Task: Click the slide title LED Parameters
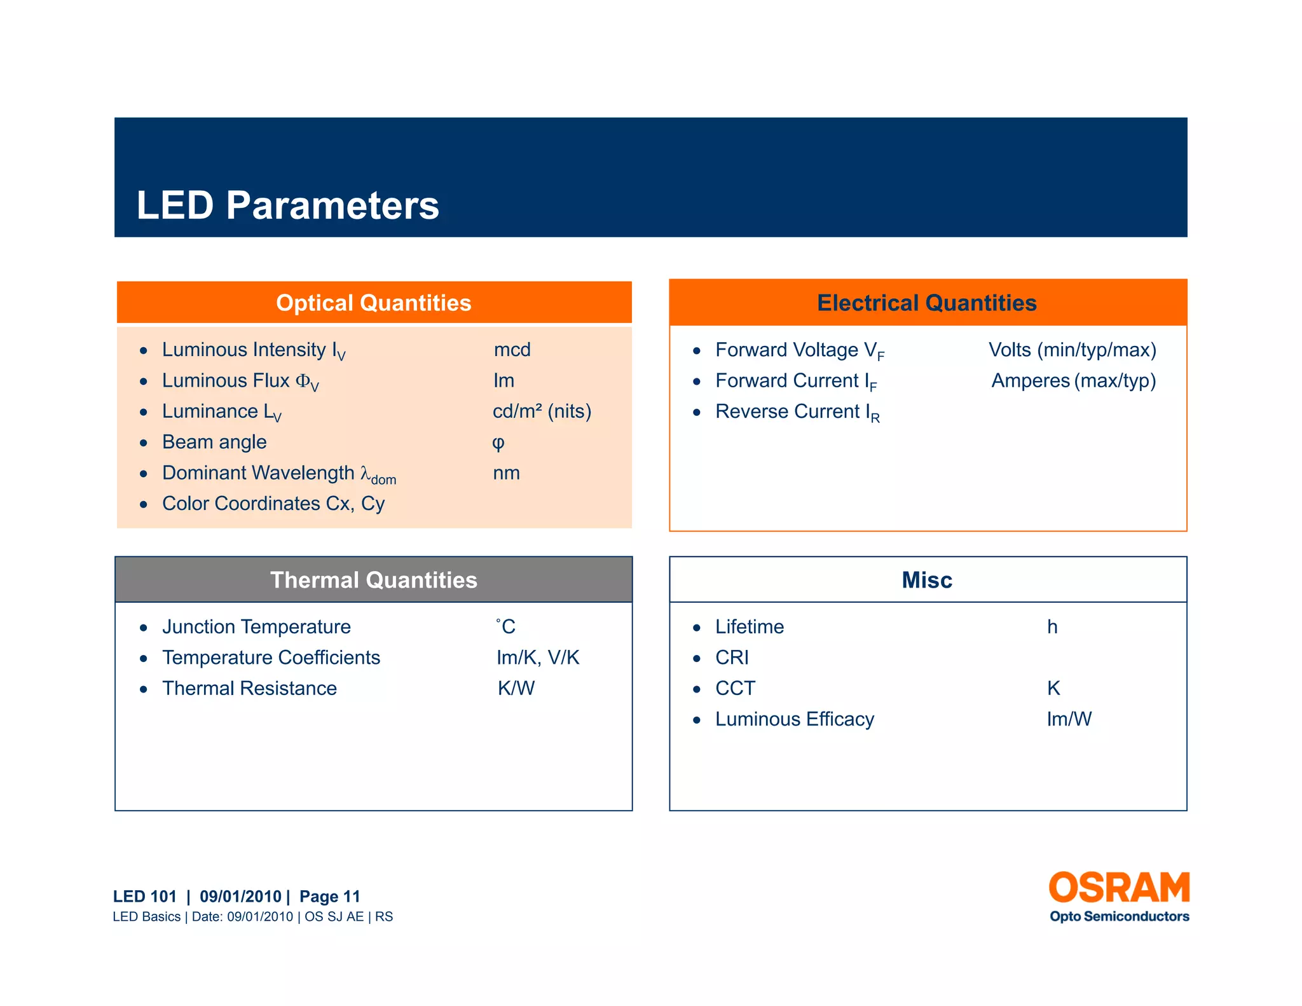(287, 205)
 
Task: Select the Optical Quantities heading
(374, 303)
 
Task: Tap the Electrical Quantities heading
(927, 303)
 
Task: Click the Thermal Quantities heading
(374, 580)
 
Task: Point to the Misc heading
(927, 580)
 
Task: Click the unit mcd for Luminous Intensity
(512, 350)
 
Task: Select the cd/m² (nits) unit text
(542, 411)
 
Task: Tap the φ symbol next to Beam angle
(498, 443)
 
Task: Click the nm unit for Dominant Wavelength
(506, 473)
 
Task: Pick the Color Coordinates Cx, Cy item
(273, 504)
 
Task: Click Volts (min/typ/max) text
(1072, 350)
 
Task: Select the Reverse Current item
(797, 412)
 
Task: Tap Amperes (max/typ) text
(1073, 381)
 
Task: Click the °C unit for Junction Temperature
(506, 627)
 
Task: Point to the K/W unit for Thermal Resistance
(516, 689)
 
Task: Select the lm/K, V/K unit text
(538, 658)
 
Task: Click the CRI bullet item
(732, 658)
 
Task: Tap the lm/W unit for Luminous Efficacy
(1069, 719)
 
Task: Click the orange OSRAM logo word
(1119, 888)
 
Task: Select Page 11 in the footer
(330, 897)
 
